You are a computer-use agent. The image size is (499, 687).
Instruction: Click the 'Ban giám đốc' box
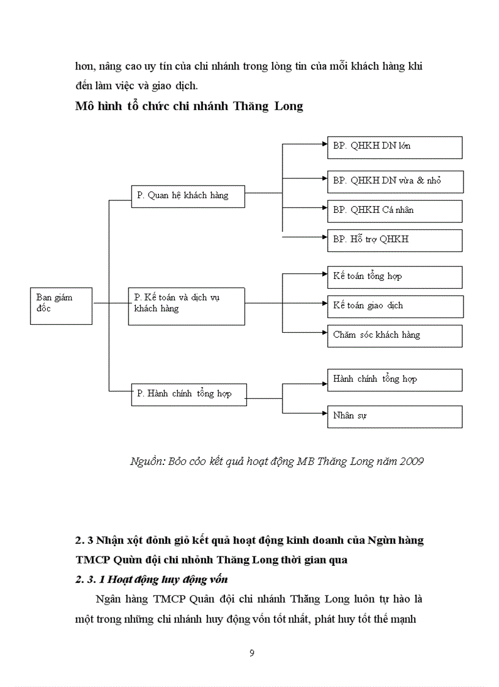pyautogui.click(x=61, y=305)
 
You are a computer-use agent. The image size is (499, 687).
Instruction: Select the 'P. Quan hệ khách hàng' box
pyautogui.click(x=188, y=196)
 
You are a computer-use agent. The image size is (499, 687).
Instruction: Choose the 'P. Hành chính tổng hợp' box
pyautogui.click(x=189, y=394)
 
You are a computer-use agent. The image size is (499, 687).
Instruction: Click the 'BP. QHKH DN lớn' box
pyautogui.click(x=394, y=147)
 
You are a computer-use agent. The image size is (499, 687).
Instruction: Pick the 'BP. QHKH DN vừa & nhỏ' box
pyautogui.click(x=395, y=182)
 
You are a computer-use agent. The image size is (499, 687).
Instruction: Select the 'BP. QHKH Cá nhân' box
pyautogui.click(x=394, y=210)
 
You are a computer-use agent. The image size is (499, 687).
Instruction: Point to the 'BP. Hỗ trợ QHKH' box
pyautogui.click(x=394, y=240)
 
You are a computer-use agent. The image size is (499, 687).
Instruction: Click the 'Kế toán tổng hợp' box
pyautogui.click(x=394, y=277)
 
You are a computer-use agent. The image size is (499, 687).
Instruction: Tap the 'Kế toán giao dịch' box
pyautogui.click(x=394, y=306)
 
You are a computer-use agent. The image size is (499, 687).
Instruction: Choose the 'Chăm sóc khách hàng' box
pyautogui.click(x=394, y=335)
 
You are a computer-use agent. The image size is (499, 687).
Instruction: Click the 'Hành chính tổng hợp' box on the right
pyautogui.click(x=394, y=380)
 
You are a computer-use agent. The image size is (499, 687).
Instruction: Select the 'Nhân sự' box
pyautogui.click(x=394, y=416)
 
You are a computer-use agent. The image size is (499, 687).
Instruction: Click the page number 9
pyautogui.click(x=252, y=653)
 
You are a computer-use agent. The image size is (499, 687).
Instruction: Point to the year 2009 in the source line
pyautogui.click(x=411, y=461)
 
